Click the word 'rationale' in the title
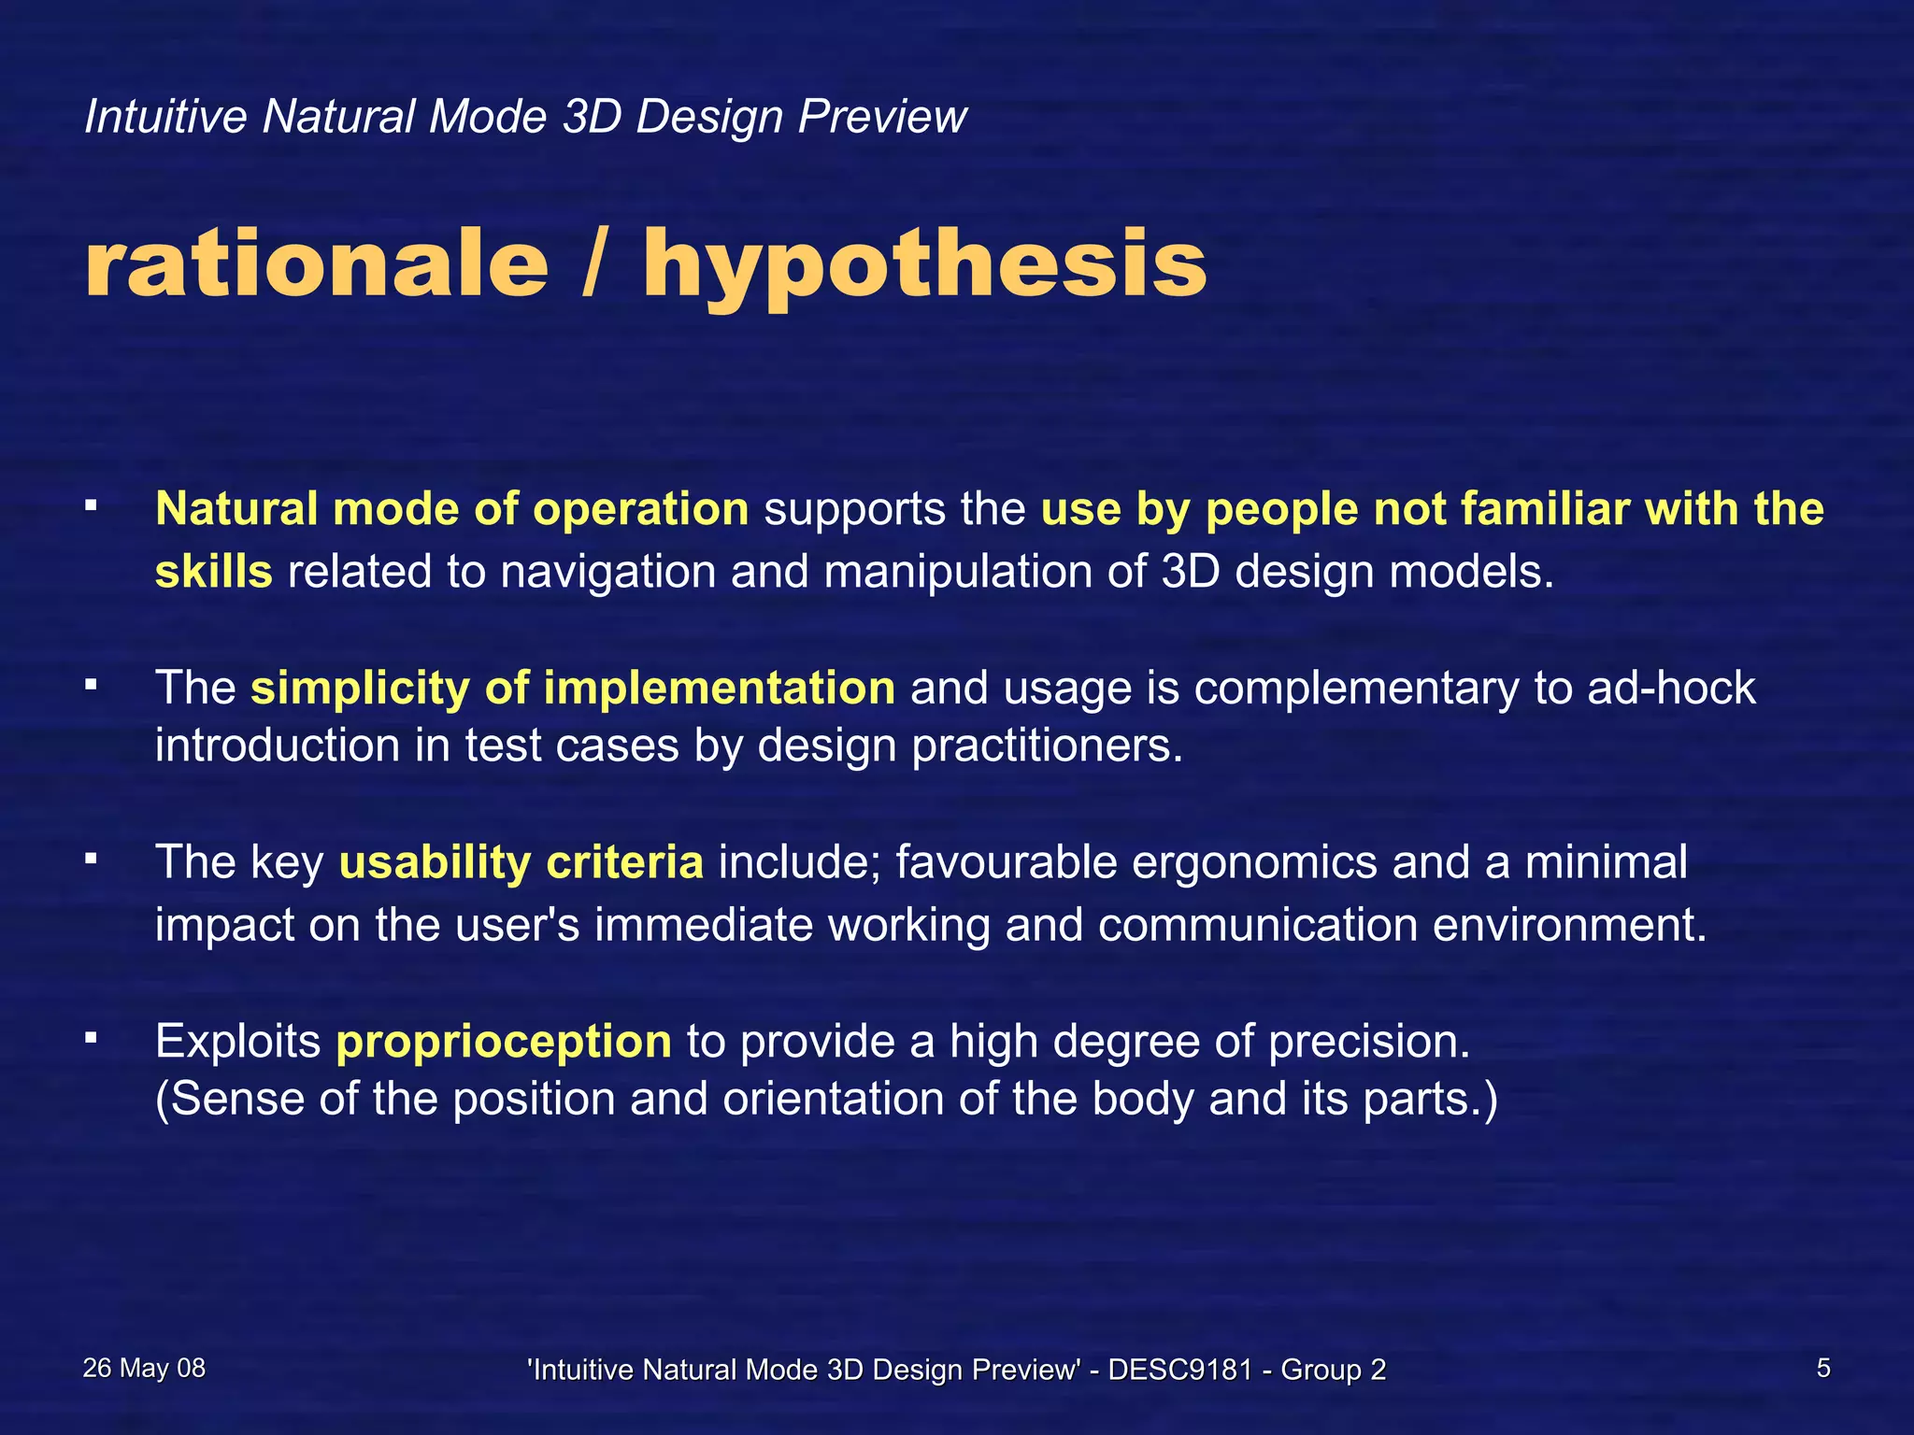tap(316, 266)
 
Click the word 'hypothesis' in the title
tap(924, 266)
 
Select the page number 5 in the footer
tap(1822, 1369)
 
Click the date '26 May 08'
tap(144, 1369)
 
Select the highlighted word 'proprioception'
tap(504, 1042)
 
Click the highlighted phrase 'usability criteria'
tap(521, 862)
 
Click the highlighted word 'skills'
tap(213, 572)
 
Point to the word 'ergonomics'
tap(1254, 862)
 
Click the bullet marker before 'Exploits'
tap(91, 1036)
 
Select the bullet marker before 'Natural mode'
tap(91, 505)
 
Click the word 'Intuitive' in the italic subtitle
tap(165, 118)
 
